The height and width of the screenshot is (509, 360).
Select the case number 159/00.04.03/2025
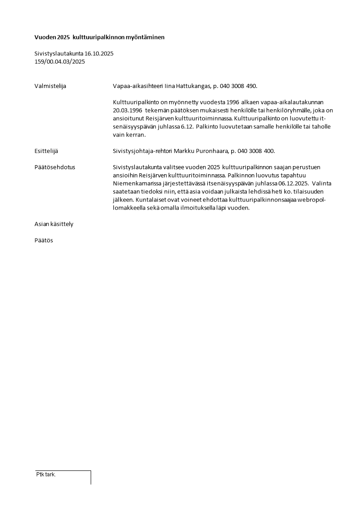click(59, 62)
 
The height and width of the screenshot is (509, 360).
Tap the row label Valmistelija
click(50, 86)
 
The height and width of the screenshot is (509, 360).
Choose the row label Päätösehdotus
click(55, 167)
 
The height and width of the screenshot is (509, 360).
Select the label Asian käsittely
click(54, 224)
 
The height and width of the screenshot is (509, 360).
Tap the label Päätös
click(44, 240)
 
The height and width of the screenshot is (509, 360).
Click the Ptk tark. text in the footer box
click(46, 475)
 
